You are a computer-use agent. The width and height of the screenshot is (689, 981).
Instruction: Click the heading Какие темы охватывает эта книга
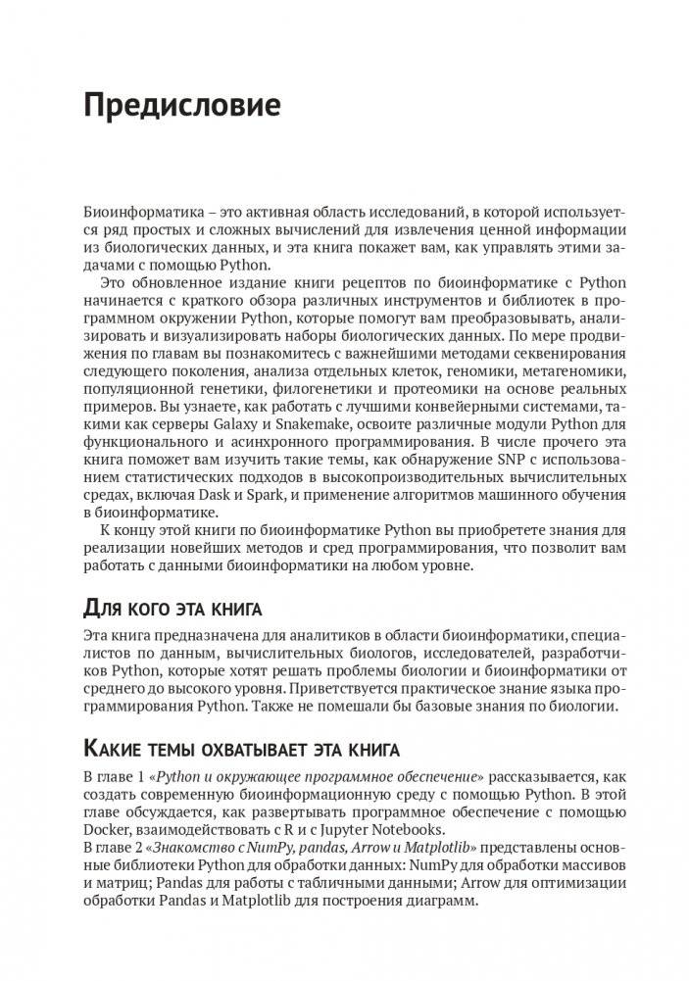(x=241, y=750)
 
